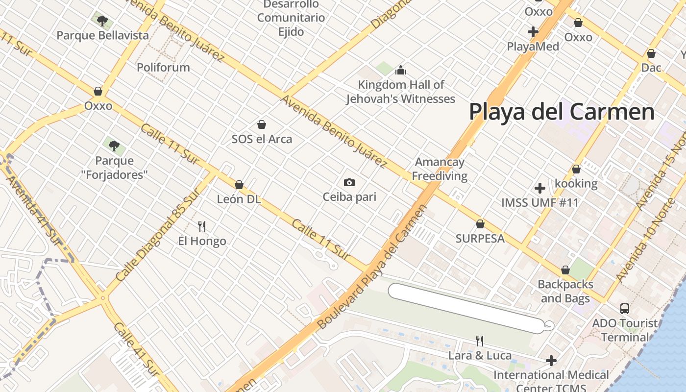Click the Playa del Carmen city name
562,112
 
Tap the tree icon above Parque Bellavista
102,21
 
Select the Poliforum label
163,67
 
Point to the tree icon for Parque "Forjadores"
114,146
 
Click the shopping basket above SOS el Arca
262,124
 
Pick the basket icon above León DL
239,185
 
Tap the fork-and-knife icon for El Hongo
201,226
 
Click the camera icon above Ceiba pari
349,182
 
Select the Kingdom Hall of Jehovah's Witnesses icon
401,70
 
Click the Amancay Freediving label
440,169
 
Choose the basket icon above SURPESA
480,224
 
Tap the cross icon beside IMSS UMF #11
539,188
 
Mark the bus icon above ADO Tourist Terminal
624,309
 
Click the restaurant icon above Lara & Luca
480,341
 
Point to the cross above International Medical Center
551,361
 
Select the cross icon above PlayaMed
533,32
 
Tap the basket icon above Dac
651,53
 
